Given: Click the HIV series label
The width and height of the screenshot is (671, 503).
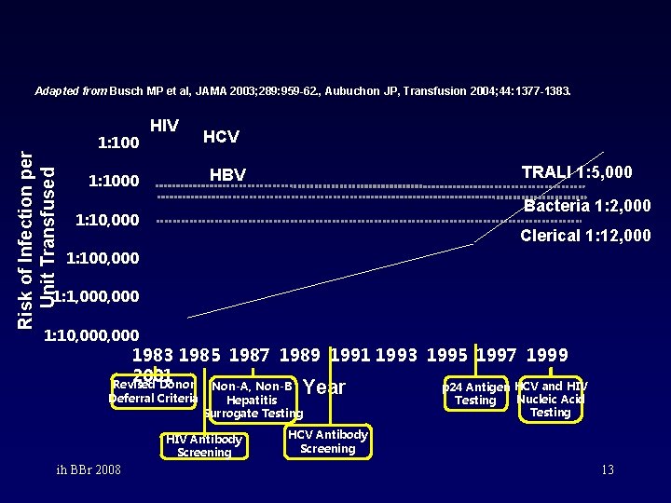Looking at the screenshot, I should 164,125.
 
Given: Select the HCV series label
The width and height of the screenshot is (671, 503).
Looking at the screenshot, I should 221,137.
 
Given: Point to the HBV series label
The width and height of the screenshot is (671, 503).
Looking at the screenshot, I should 227,175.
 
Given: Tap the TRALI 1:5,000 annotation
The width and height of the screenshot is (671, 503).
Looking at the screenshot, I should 577,172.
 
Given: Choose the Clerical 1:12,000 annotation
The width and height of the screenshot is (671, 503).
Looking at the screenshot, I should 585,236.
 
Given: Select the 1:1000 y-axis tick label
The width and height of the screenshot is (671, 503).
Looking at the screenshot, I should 113,181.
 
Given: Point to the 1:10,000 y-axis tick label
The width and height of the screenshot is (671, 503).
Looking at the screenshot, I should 107,221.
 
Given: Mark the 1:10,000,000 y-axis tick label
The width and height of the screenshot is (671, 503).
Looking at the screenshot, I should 92,335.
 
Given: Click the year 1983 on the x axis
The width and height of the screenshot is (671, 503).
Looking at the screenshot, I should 153,355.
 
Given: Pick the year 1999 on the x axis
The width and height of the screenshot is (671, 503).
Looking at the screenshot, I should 547,355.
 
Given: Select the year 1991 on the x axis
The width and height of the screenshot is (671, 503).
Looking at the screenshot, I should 351,355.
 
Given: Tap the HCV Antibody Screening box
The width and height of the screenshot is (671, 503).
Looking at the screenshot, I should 327,442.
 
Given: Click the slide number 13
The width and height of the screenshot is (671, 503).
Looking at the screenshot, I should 607,470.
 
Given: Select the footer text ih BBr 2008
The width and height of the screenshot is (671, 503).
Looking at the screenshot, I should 87,469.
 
